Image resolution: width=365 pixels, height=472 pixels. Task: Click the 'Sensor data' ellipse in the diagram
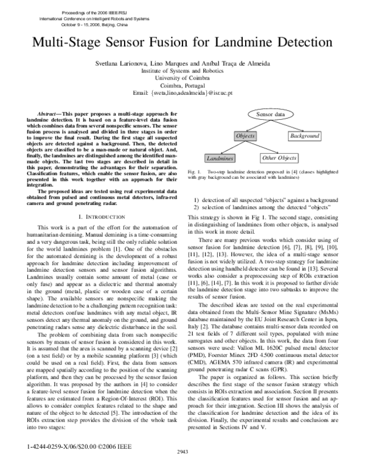269,114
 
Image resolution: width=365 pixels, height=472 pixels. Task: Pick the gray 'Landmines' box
220,158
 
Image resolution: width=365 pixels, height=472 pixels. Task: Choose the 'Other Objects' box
278,158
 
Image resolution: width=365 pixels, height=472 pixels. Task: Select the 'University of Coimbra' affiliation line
182,79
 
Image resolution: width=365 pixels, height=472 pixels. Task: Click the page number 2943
182,468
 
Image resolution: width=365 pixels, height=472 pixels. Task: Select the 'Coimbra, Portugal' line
182,86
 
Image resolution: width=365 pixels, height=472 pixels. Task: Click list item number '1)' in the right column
197,200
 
